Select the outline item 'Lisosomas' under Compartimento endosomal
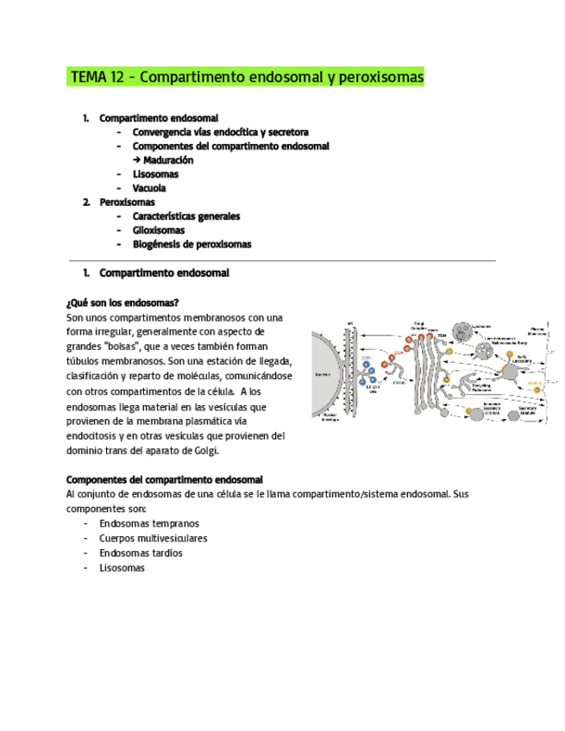155,174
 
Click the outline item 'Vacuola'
149,188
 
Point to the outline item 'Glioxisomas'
158,230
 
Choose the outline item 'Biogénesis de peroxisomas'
191,244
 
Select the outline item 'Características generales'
185,216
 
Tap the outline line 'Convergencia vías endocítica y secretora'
220,133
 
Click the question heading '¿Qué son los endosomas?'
122,303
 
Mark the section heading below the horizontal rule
164,273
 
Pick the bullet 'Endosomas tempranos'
148,523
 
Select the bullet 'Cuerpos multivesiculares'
153,538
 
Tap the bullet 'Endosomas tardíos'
141,553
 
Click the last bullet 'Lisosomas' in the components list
122,567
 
